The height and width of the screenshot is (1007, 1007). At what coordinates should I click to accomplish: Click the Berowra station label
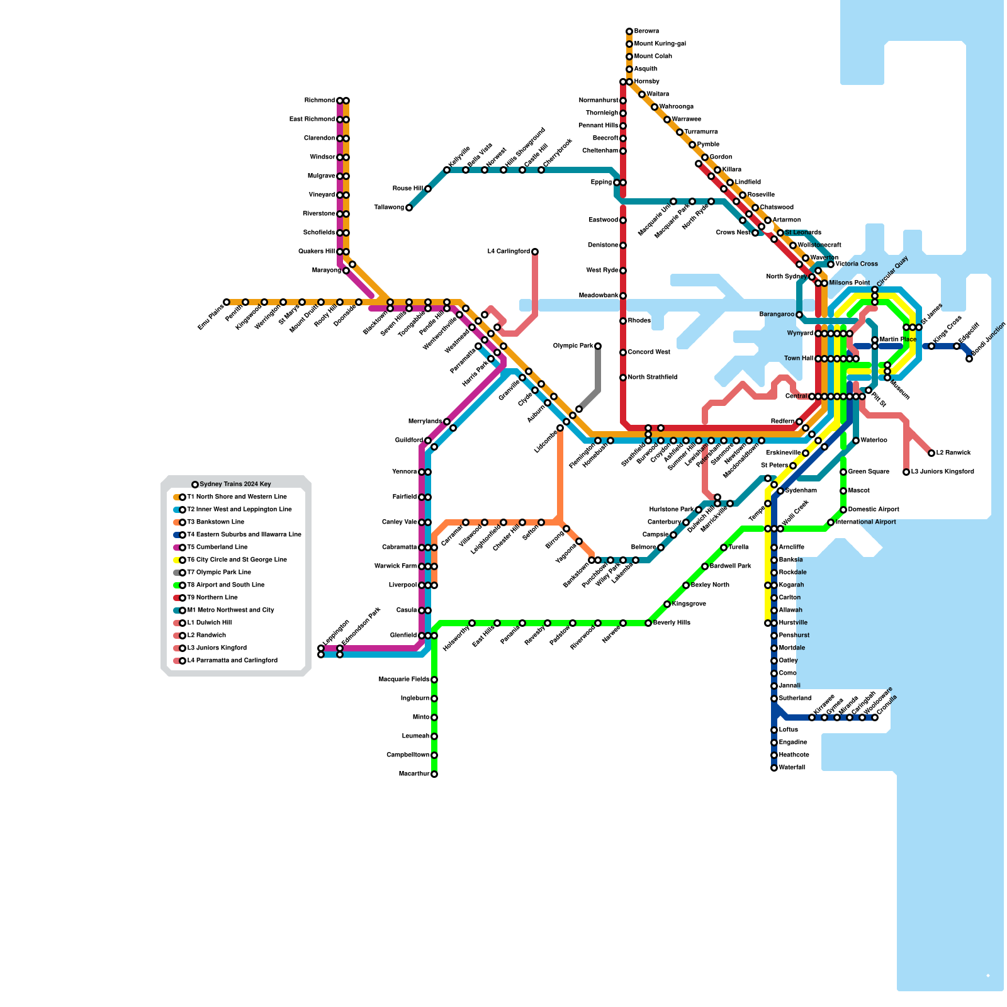point(646,31)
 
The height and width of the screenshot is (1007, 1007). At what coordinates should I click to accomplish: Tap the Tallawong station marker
point(409,208)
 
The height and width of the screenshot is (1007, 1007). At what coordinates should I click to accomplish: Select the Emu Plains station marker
point(227,302)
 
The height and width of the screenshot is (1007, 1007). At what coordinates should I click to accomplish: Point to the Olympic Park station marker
point(598,346)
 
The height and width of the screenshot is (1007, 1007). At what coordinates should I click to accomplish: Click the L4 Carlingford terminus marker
point(535,252)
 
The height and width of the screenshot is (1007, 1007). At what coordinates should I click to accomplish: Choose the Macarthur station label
point(414,774)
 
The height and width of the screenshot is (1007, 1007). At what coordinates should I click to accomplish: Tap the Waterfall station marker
point(774,768)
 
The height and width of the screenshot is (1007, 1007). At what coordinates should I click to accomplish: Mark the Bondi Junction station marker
point(969,359)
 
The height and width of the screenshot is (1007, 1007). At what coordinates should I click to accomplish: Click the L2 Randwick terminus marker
point(931,453)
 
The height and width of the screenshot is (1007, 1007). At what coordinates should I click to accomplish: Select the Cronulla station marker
point(875,717)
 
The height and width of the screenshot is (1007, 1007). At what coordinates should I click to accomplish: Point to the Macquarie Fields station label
point(403,680)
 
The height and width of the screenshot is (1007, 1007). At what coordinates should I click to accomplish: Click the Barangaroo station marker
point(799,315)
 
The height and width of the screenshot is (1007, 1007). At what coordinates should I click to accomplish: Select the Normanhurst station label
point(599,101)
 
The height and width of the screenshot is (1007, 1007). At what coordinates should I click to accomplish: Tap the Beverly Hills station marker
point(648,623)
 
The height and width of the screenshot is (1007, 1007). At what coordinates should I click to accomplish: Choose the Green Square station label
point(869,472)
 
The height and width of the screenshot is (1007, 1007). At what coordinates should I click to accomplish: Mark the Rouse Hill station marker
point(428,189)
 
